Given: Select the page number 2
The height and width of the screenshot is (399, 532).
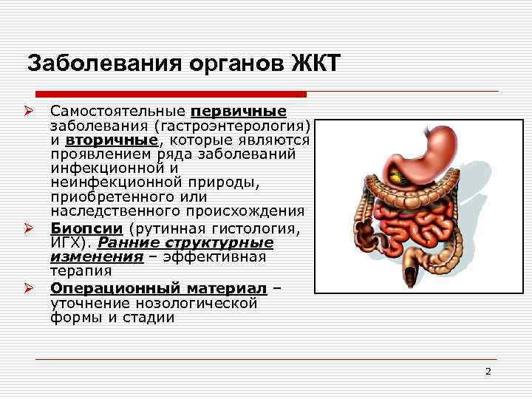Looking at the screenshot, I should (x=488, y=372).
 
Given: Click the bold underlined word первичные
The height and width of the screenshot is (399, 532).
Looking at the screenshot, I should (x=239, y=112).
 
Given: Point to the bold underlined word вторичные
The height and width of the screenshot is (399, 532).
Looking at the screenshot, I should (x=111, y=140).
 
